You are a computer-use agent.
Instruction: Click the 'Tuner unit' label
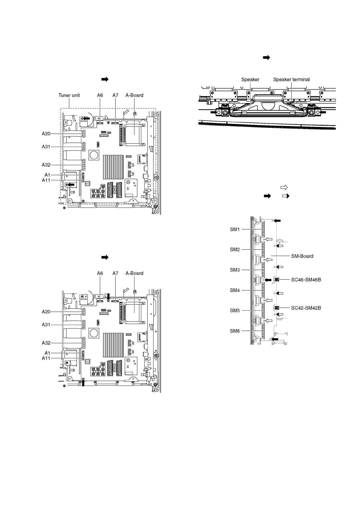(69, 95)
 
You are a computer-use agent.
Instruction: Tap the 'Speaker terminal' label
(291, 79)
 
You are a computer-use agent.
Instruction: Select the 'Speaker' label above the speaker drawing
(250, 79)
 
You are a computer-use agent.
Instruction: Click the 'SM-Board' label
(302, 256)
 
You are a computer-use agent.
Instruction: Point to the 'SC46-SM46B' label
(306, 280)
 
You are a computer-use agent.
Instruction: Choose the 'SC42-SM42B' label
(306, 308)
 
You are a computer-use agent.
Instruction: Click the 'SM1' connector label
(235, 229)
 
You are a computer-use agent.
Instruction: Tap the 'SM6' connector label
(235, 331)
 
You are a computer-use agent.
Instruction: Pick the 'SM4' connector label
(235, 290)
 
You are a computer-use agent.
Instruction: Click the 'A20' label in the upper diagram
(46, 133)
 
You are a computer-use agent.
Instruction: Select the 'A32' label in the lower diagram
(46, 343)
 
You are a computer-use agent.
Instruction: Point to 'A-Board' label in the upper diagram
(134, 95)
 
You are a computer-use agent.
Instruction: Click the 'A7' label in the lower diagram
(115, 273)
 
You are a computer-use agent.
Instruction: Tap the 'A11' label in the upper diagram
(46, 180)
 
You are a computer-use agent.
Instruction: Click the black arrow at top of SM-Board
(277, 221)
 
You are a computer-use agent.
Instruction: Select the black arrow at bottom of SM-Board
(275, 339)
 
